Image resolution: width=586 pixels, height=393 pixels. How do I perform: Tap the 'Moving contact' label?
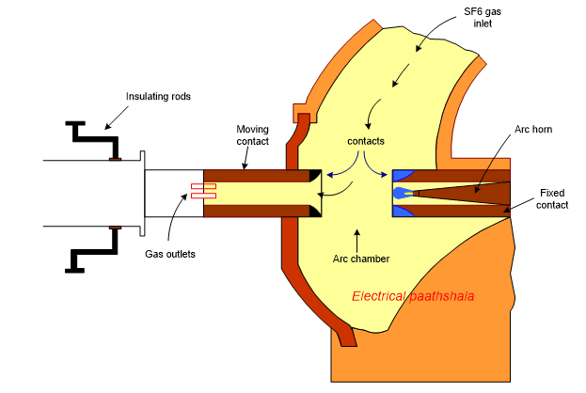tap(253, 134)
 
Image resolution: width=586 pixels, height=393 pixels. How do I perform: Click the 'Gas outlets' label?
tap(170, 254)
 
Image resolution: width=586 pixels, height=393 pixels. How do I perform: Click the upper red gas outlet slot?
tap(203, 185)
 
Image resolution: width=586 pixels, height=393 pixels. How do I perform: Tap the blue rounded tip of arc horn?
tap(402, 193)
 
